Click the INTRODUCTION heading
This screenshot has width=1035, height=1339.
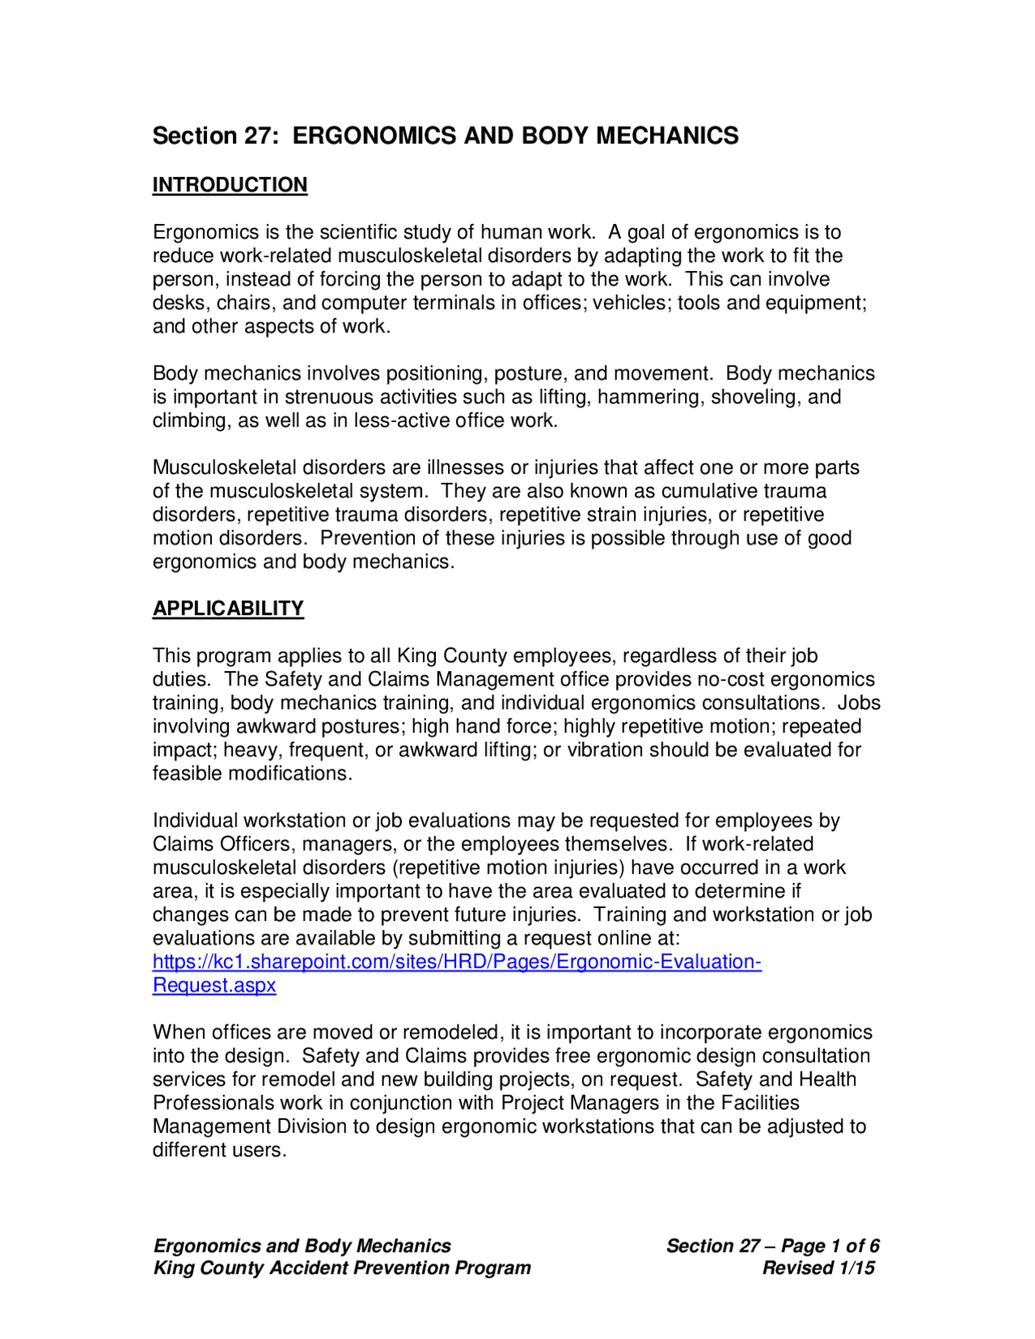[230, 185]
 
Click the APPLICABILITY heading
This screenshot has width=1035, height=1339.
[228, 608]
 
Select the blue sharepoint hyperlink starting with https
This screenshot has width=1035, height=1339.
[457, 961]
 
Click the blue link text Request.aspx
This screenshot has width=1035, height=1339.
[214, 985]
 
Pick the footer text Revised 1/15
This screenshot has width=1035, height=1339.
[817, 1267]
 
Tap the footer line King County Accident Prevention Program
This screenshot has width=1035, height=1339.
[342, 1267]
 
